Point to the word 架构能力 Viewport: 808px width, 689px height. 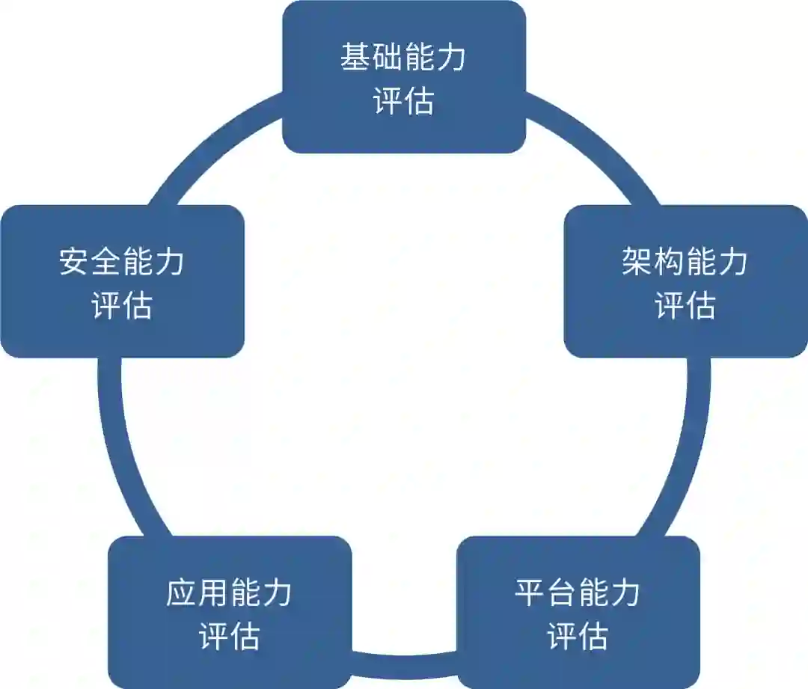(x=685, y=263)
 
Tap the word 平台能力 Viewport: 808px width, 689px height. (x=578, y=593)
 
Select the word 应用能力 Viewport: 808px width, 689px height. (x=229, y=593)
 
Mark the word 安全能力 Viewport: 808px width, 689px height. (x=122, y=263)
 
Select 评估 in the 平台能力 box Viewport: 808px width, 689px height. (x=578, y=637)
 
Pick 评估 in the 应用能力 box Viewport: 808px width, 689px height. (x=229, y=637)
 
